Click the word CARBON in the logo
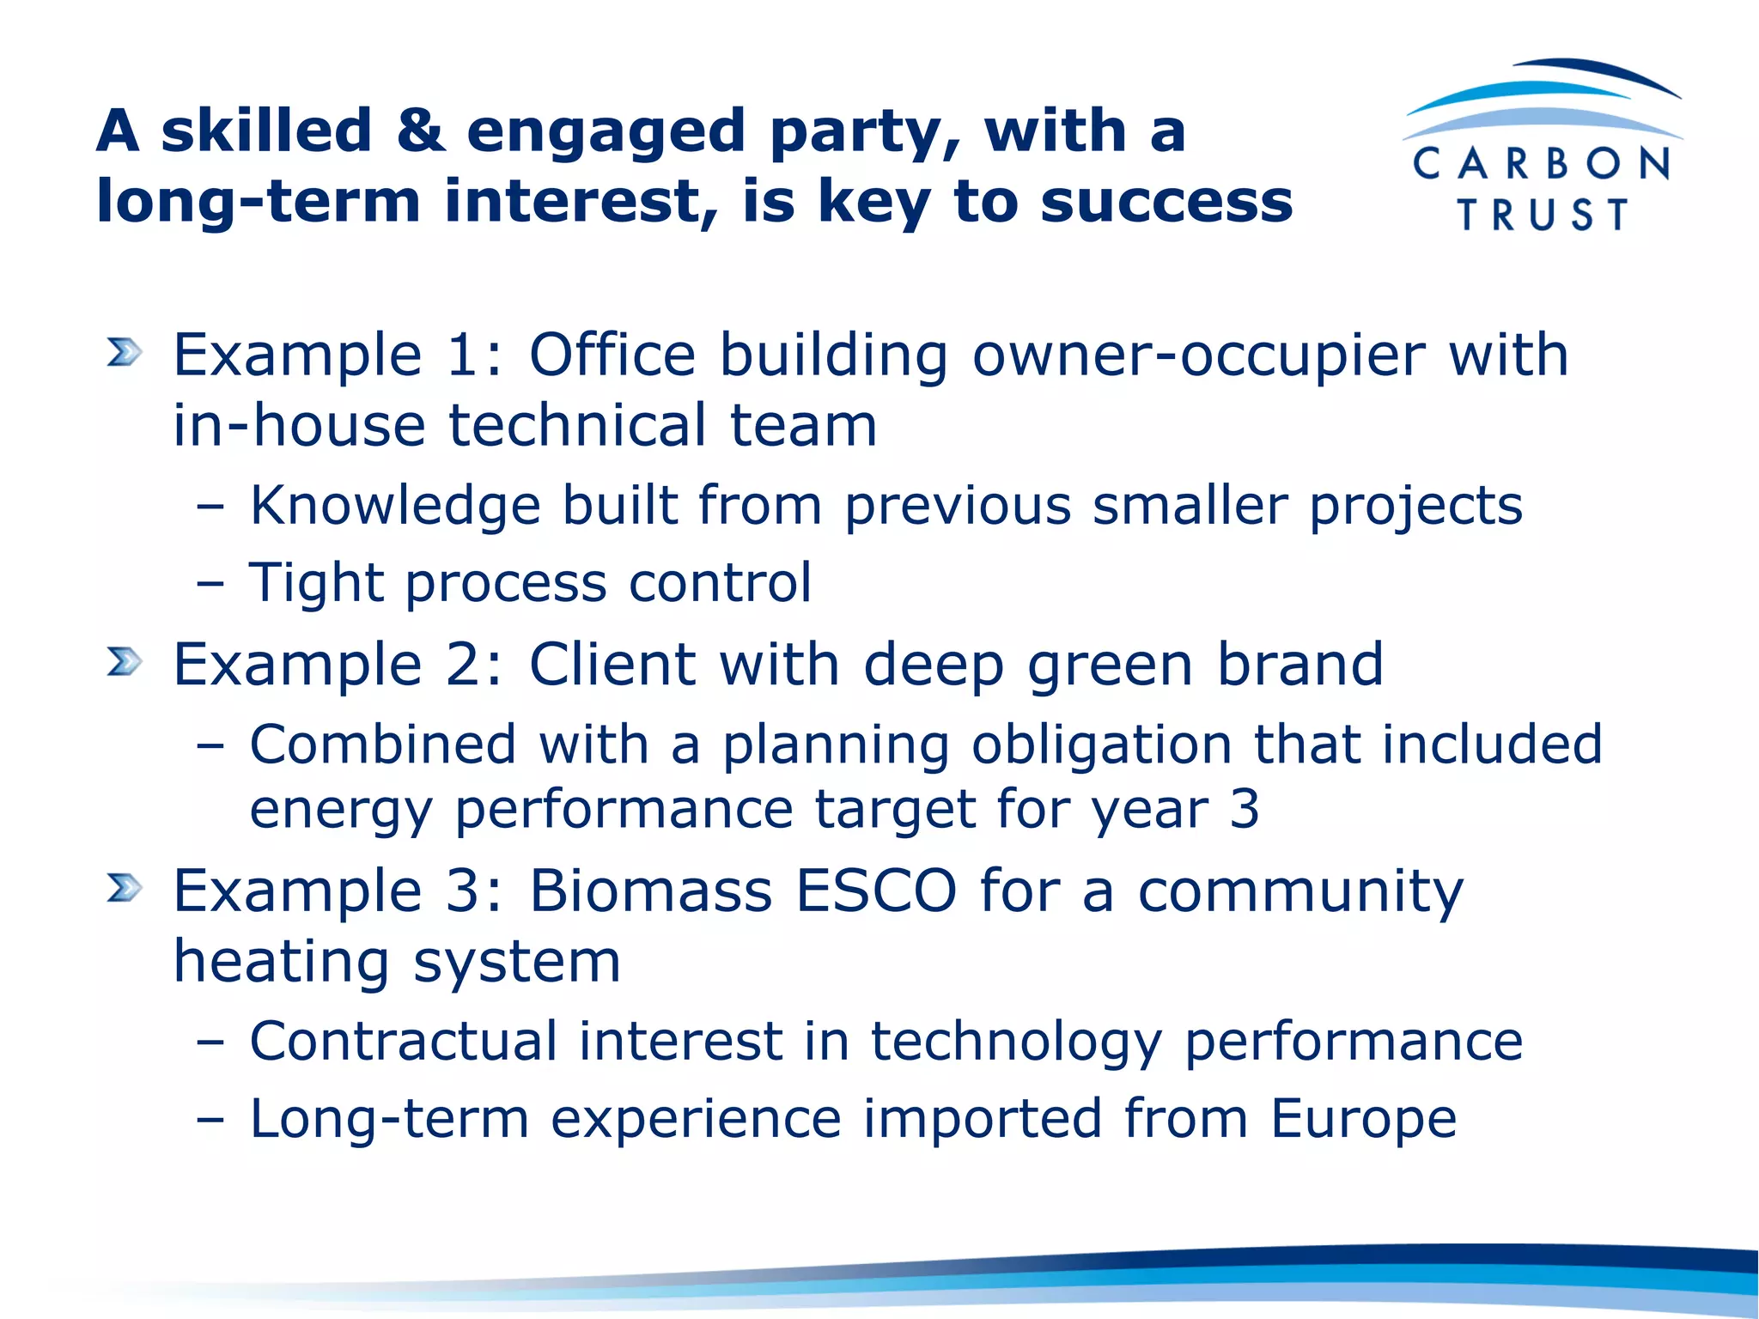point(1541,163)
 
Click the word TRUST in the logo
point(1543,215)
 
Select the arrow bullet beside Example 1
point(125,352)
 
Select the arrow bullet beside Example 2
point(125,662)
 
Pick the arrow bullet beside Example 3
point(125,888)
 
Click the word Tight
point(316,583)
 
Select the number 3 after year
point(1244,809)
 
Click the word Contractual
point(404,1041)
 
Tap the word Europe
point(1364,1119)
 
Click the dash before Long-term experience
point(210,1120)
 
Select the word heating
point(283,962)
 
